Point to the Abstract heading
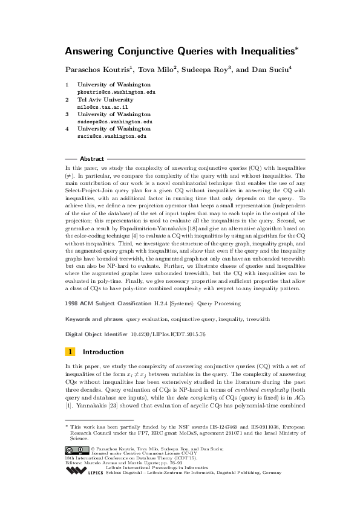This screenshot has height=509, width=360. point(92,158)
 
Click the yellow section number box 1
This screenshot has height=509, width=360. point(70,351)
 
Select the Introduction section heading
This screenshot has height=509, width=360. point(103,351)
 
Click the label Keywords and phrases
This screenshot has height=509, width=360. point(94,318)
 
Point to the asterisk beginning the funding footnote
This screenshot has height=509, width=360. point(67,427)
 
